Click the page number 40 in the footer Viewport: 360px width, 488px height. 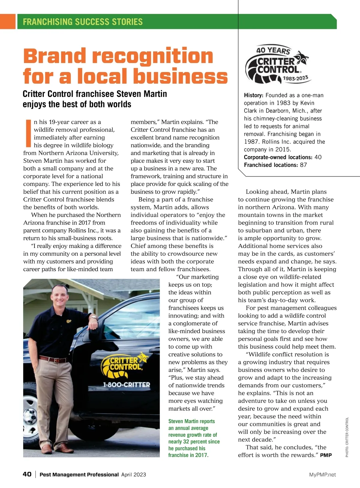coord(27,474)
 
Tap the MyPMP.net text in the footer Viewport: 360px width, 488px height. coord(322,474)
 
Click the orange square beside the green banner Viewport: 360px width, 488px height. coord(7,22)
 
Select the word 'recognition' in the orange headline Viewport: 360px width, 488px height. coord(152,56)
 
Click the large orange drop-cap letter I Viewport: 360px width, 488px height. coord(28,131)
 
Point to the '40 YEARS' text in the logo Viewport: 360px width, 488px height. coord(273,50)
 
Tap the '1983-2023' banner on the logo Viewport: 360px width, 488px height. coord(295,79)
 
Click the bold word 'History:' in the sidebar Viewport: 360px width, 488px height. coord(253,95)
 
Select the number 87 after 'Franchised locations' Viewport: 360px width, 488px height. coord(303,165)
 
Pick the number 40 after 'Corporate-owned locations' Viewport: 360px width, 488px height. coord(318,157)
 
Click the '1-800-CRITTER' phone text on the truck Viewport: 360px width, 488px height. coord(126,385)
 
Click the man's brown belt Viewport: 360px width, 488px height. coord(53,359)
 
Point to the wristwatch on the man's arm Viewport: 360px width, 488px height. coord(93,317)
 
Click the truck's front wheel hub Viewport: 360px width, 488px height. coord(30,416)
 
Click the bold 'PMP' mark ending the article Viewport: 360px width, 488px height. coord(326,455)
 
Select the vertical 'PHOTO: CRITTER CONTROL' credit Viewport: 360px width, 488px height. coord(347,437)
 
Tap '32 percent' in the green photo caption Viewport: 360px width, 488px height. coord(197,441)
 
